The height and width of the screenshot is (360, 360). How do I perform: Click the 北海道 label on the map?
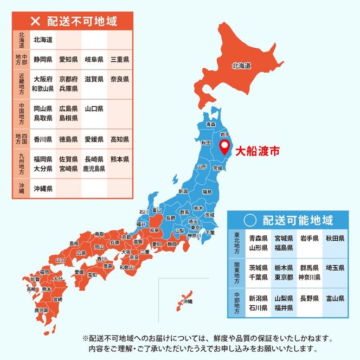[241, 66]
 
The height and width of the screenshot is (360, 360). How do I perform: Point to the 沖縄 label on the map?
[188, 301]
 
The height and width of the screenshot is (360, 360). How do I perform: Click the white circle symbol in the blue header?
[249, 220]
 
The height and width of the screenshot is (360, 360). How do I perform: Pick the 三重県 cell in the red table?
[119, 59]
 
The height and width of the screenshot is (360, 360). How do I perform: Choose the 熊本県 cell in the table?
[119, 159]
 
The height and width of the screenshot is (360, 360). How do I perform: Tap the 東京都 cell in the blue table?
[284, 277]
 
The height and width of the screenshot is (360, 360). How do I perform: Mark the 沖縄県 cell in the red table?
[42, 189]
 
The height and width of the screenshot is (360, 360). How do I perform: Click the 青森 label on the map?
[211, 125]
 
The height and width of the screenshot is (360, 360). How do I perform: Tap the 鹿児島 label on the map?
[41, 311]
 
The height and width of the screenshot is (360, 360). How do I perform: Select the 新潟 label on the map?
[184, 191]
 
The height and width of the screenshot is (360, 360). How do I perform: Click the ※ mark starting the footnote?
[85, 338]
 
